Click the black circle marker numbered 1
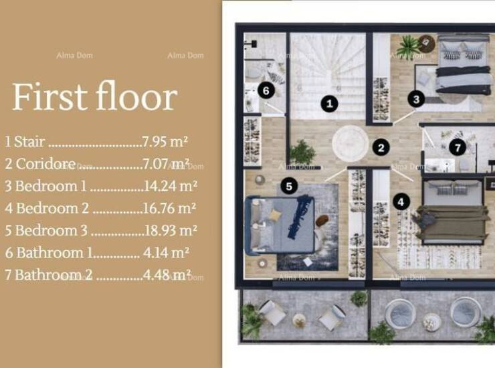329,104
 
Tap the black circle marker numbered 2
381,147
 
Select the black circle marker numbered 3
416,99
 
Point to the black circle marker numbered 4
401,201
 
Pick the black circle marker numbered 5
289,186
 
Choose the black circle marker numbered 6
266,90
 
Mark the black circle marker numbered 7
458,147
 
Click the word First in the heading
50,96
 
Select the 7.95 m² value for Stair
165,141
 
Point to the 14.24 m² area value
170,186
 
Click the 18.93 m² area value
171,230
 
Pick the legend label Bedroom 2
52,208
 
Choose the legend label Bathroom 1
54,253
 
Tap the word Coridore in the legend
45,164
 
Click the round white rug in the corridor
350,143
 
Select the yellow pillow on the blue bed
276,215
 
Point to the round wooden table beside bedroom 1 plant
427,43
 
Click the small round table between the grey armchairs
299,320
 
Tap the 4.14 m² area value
166,253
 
